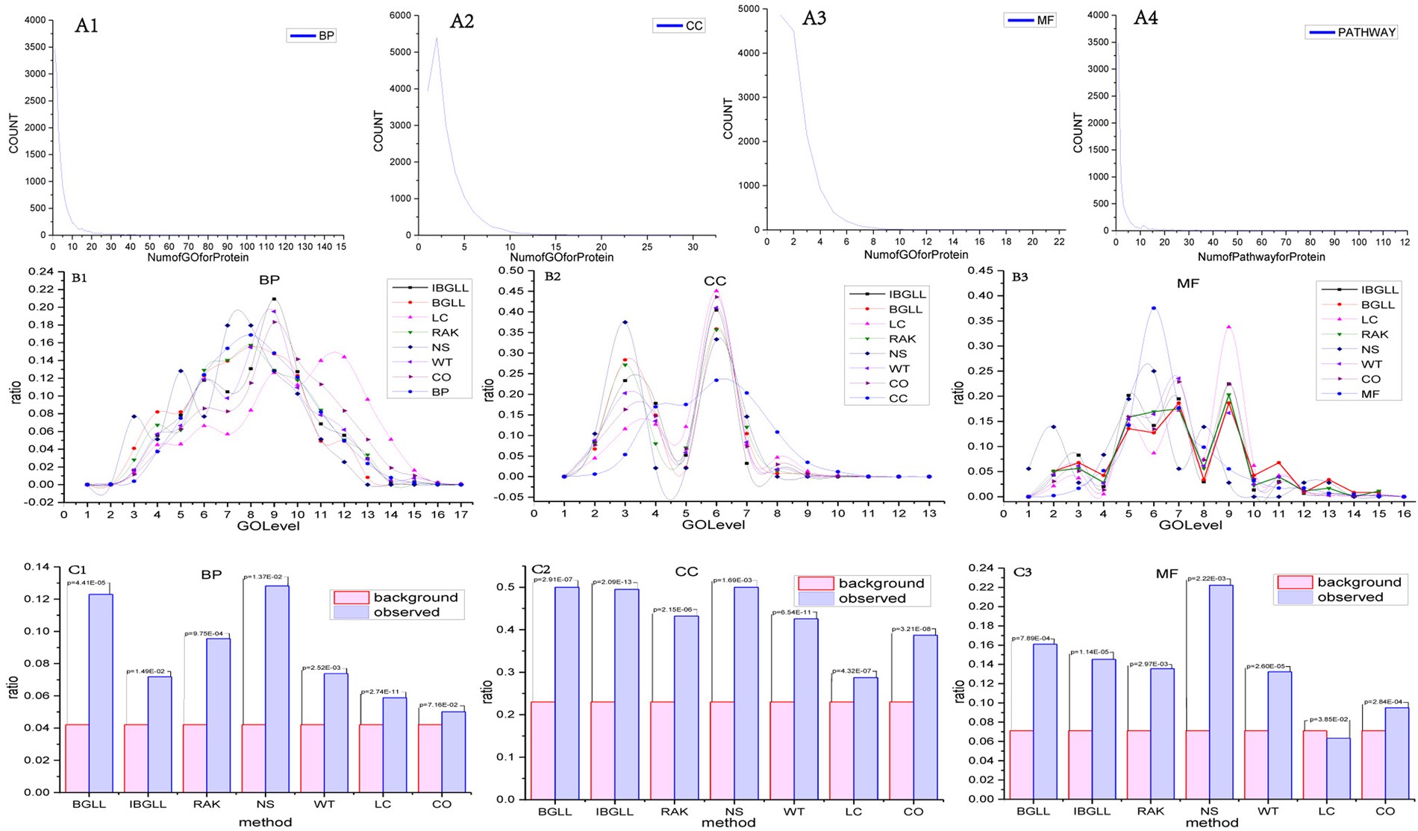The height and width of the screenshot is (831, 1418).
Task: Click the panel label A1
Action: tap(87, 26)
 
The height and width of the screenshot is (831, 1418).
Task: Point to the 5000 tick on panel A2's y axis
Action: tap(398, 51)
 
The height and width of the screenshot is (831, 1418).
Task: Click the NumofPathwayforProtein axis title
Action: tap(1261, 256)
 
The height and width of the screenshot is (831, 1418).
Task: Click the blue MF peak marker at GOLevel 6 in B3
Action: tap(1154, 308)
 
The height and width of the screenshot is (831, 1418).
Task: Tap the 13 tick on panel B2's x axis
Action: tap(929, 513)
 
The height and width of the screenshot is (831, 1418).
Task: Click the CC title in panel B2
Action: tap(715, 281)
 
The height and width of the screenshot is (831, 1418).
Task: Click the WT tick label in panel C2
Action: tap(793, 811)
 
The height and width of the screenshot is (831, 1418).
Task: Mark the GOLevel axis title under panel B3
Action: tap(1190, 525)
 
